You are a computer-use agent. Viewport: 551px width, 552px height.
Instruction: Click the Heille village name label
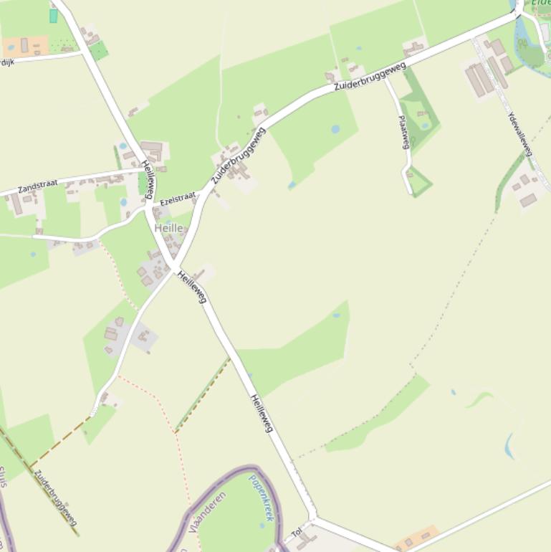(x=168, y=228)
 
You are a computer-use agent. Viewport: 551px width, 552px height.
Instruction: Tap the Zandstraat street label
(x=38, y=185)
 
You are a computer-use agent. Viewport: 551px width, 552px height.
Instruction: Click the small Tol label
(x=297, y=533)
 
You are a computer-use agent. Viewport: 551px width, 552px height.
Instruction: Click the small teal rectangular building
(x=53, y=16)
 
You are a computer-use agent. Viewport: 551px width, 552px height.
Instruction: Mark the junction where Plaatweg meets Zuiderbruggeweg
(x=386, y=77)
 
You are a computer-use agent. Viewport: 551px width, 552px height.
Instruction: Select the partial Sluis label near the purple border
(x=3, y=476)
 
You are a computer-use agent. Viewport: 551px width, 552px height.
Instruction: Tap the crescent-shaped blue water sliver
(x=509, y=446)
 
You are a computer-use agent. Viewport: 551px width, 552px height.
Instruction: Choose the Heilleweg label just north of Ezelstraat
(x=148, y=179)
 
